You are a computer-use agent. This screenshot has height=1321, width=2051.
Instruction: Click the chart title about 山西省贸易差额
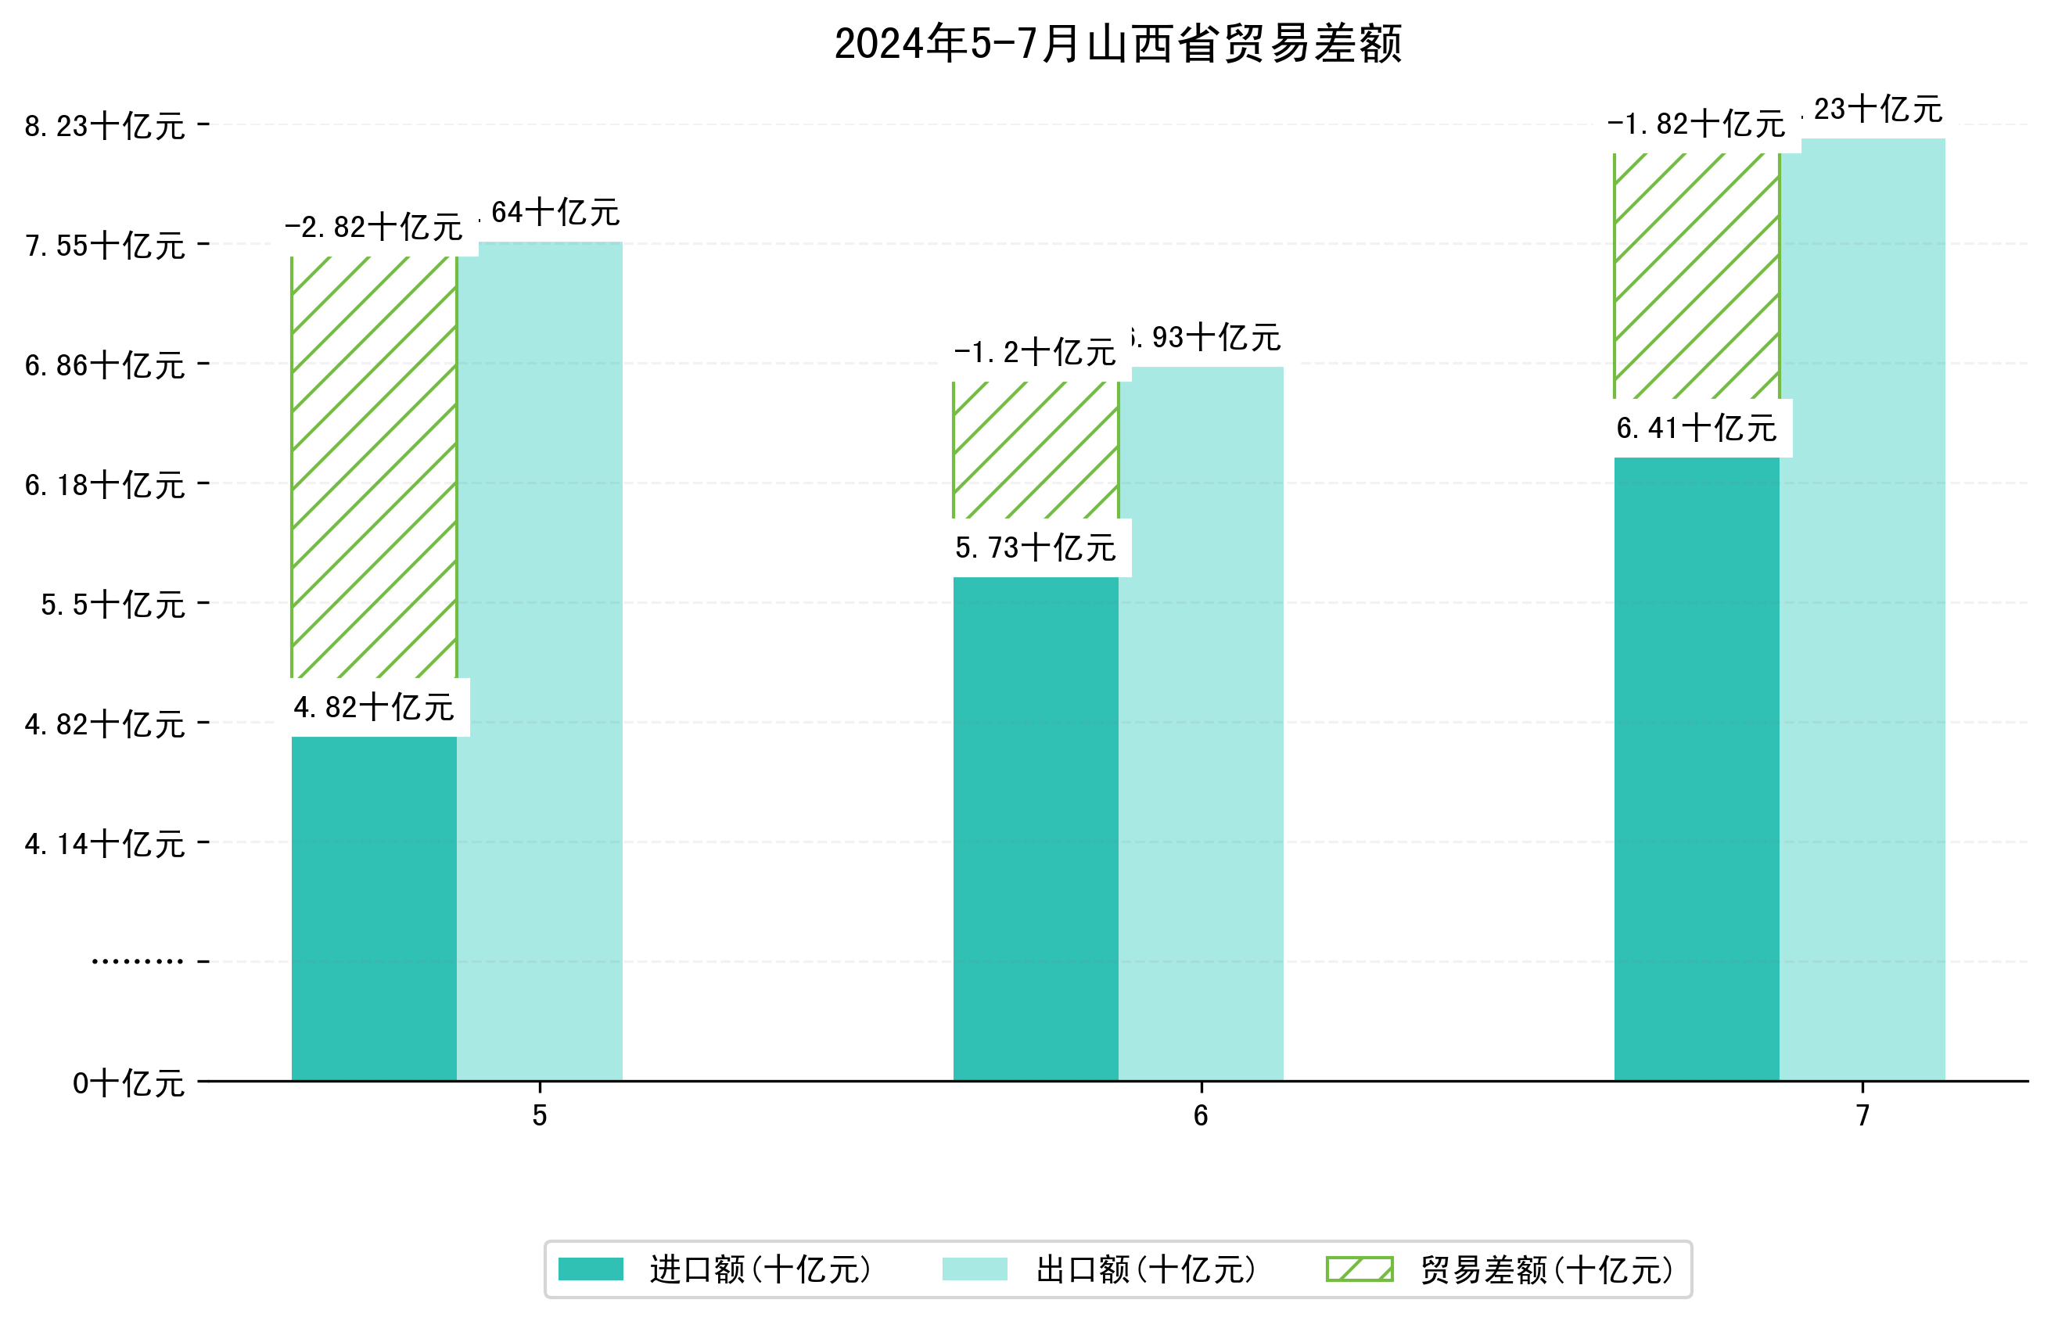click(x=1117, y=45)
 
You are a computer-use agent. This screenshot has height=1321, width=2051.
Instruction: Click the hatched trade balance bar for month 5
click(x=374, y=468)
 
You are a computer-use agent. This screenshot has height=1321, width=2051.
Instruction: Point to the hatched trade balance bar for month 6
click(x=1036, y=451)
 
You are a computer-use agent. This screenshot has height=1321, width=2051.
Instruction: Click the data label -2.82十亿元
click(x=374, y=228)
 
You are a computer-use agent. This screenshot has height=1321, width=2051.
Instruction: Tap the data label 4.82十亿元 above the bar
click(x=374, y=708)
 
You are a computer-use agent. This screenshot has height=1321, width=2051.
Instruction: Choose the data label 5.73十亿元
click(x=1036, y=548)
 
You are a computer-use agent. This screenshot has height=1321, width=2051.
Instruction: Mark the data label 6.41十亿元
click(x=1696, y=428)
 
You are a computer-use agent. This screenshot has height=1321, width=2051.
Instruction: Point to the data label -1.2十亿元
click(x=1036, y=353)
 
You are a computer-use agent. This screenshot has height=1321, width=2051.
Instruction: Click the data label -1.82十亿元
click(x=1696, y=125)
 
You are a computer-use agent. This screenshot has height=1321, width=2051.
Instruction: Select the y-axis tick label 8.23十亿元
click(x=105, y=126)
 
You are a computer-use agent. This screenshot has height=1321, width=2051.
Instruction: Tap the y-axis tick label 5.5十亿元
click(x=113, y=605)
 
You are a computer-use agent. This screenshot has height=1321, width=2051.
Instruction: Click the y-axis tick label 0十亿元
click(x=128, y=1083)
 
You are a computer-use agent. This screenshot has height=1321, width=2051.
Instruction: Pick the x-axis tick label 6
click(x=1200, y=1115)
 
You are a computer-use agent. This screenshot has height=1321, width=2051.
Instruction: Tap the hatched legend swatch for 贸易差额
click(x=1359, y=1269)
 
